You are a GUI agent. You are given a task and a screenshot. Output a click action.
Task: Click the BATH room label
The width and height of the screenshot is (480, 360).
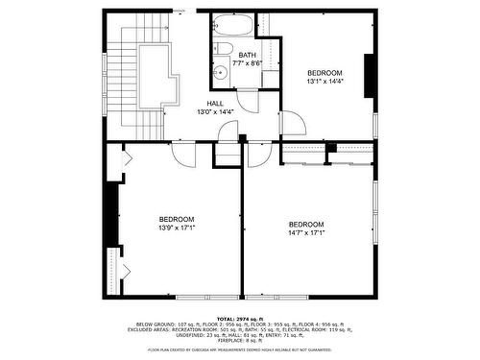point(247,56)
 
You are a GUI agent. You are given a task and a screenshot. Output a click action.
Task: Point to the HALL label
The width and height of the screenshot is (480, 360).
point(216,104)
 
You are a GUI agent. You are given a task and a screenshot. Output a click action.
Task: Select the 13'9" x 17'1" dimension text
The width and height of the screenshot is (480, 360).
point(177,228)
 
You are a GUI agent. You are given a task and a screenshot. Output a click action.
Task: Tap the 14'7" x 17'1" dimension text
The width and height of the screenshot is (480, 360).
point(306,232)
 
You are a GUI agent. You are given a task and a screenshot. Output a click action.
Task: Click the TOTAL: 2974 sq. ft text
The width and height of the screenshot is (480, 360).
point(239,318)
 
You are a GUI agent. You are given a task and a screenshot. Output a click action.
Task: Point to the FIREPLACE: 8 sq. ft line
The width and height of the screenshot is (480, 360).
point(239,340)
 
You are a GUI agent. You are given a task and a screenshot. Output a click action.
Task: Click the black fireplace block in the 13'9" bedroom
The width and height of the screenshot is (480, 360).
point(112,216)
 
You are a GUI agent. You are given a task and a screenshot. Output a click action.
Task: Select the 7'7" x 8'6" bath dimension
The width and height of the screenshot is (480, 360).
point(248,63)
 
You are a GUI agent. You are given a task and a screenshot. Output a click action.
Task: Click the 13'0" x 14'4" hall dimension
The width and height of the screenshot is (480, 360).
point(216,112)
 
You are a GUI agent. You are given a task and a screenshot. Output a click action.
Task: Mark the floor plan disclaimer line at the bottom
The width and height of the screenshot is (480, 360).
point(239,350)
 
